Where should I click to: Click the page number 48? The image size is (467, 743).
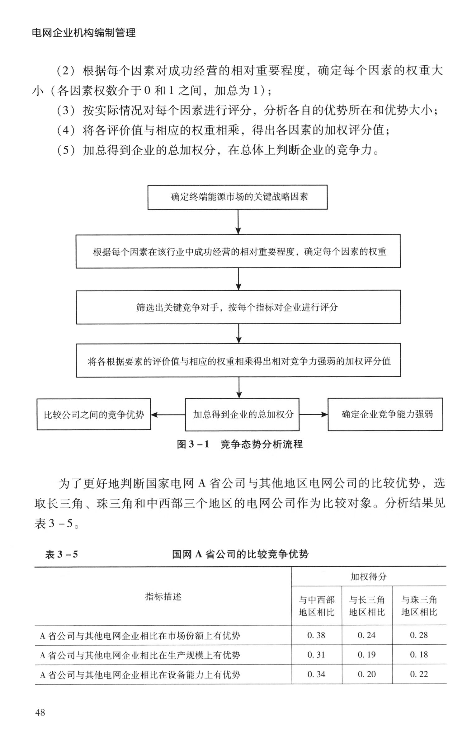(x=40, y=712)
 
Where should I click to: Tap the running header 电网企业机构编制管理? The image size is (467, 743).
(x=84, y=33)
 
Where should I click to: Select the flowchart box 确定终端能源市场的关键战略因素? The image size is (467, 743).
(x=237, y=197)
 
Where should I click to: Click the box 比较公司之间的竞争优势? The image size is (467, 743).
(x=94, y=414)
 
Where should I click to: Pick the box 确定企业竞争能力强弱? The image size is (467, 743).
(x=385, y=414)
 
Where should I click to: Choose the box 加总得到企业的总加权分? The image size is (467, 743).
(x=242, y=414)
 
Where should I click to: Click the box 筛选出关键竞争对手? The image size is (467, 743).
(x=238, y=307)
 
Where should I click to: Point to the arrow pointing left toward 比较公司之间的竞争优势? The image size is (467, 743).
(x=167, y=415)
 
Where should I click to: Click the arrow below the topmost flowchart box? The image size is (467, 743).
(x=238, y=222)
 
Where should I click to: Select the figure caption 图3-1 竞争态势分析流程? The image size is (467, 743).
(x=239, y=444)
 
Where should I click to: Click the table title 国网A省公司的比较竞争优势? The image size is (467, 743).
(x=240, y=554)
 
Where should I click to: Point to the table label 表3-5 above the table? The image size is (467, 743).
(x=61, y=554)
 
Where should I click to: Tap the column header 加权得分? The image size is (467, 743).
(x=369, y=576)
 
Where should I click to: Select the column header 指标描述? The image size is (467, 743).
(x=163, y=596)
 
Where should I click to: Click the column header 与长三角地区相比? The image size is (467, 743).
(x=367, y=606)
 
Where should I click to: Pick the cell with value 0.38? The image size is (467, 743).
(x=316, y=635)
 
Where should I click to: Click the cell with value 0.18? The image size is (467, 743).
(x=419, y=655)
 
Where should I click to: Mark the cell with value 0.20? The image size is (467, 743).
(x=367, y=674)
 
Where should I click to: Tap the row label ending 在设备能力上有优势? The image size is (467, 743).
(x=140, y=675)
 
